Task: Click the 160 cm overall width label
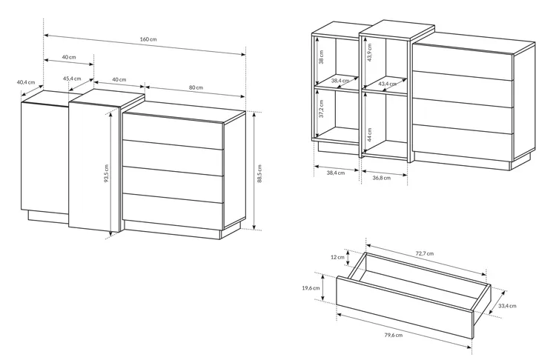pyautogui.click(x=148, y=39)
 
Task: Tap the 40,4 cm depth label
pyautogui.click(x=25, y=82)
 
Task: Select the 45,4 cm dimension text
pyautogui.click(x=72, y=79)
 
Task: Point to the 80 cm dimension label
pyautogui.click(x=196, y=87)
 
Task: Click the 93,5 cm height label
pyautogui.click(x=106, y=173)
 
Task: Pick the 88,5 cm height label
pyautogui.click(x=259, y=173)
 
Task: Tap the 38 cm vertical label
pyautogui.click(x=321, y=57)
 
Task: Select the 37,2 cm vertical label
pyautogui.click(x=321, y=108)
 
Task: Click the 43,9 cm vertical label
pyautogui.click(x=369, y=53)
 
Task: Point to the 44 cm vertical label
pyautogui.click(x=369, y=135)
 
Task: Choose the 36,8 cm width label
pyautogui.click(x=382, y=178)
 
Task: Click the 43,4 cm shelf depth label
pyautogui.click(x=388, y=84)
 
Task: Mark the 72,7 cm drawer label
pyautogui.click(x=425, y=253)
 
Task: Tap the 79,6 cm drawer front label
pyautogui.click(x=394, y=335)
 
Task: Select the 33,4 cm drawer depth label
pyautogui.click(x=507, y=306)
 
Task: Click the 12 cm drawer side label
pyautogui.click(x=337, y=257)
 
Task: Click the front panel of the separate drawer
pyautogui.click(x=405, y=307)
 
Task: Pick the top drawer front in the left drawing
pyautogui.click(x=173, y=131)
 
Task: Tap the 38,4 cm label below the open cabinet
pyautogui.click(x=335, y=173)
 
